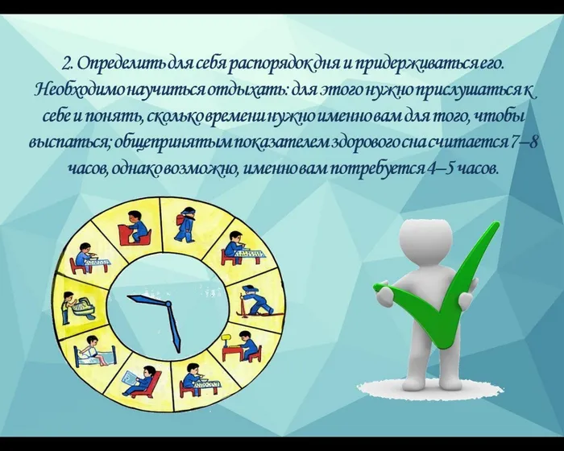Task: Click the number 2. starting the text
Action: tap(68, 63)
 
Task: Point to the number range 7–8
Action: tap(525, 143)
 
